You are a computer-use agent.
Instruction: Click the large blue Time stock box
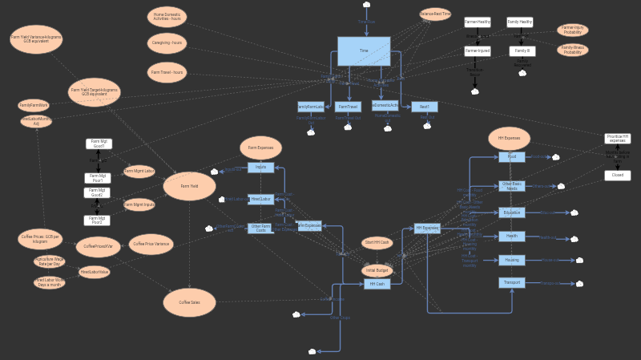click(363, 51)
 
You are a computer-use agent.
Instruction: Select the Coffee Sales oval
click(190, 302)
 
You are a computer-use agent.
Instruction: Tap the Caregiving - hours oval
click(167, 42)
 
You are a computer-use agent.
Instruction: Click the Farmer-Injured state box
click(477, 51)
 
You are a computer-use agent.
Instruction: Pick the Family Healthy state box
click(519, 22)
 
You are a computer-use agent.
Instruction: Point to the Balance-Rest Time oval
click(435, 14)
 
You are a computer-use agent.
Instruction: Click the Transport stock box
click(511, 283)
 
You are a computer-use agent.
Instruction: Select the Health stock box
click(511, 237)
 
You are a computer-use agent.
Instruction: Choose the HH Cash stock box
click(377, 284)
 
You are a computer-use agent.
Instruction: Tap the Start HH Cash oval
click(377, 242)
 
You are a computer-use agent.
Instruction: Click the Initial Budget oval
click(377, 270)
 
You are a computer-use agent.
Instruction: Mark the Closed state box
click(617, 175)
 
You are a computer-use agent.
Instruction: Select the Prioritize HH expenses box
click(617, 139)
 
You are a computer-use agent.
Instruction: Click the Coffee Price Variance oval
click(151, 245)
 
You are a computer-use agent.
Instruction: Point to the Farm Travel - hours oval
click(167, 72)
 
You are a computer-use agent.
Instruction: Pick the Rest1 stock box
click(425, 107)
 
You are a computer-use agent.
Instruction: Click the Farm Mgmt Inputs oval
click(139, 204)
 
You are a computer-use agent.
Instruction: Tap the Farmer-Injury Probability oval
click(572, 30)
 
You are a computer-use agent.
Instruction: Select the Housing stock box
click(511, 260)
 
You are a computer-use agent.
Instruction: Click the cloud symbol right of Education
click(574, 213)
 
